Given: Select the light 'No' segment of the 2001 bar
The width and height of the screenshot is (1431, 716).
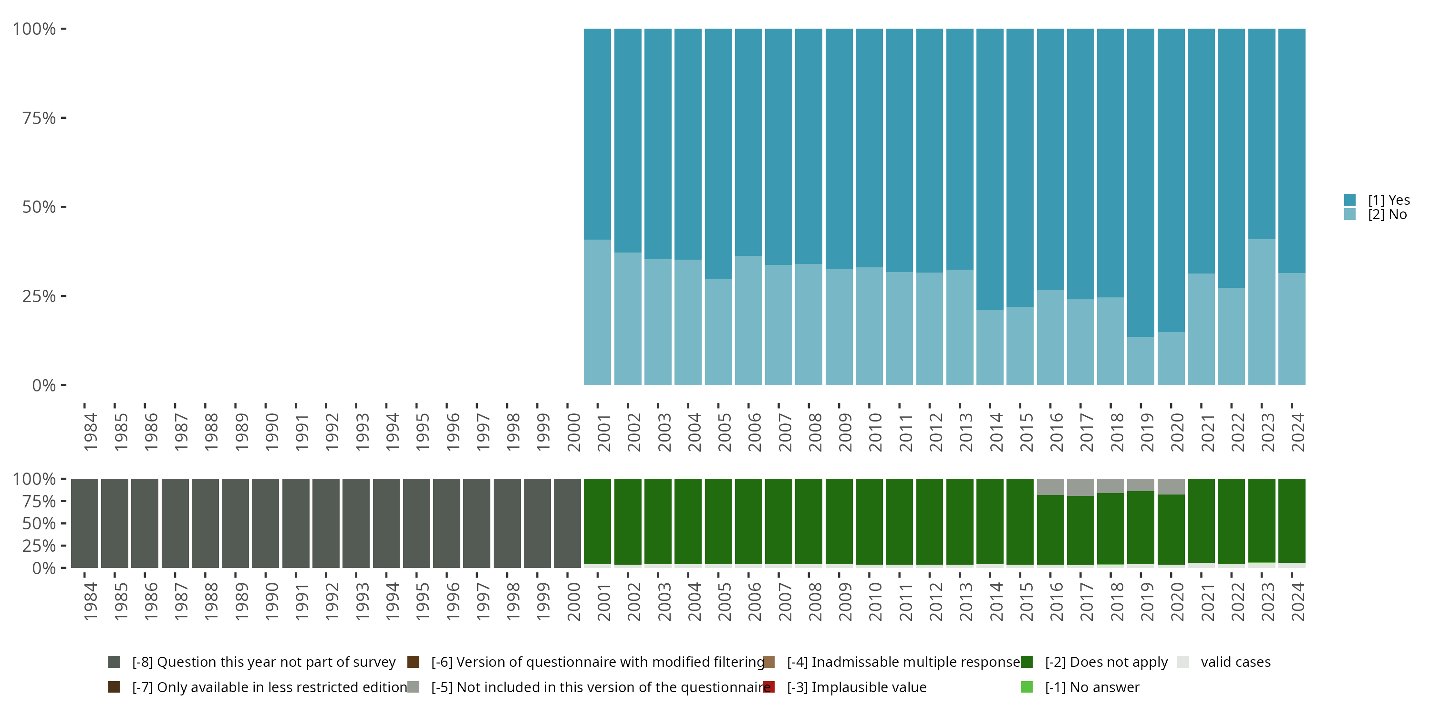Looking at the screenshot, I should [x=597, y=312].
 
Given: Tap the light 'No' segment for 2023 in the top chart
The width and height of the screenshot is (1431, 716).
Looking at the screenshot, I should [x=1261, y=312].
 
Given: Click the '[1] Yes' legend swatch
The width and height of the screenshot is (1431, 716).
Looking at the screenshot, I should [x=1350, y=200].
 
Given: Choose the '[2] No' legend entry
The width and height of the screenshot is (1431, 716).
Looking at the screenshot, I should [x=1387, y=215].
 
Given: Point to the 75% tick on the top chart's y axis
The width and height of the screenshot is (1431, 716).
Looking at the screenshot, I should [x=63, y=118].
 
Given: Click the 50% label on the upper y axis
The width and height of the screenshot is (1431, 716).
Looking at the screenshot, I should [x=39, y=207].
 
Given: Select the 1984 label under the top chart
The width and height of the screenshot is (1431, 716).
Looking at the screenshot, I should [x=91, y=432].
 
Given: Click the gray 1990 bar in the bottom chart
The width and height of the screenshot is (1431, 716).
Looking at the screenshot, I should [x=266, y=523].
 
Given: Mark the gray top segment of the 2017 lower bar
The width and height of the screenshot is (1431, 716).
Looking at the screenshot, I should [x=1080, y=487].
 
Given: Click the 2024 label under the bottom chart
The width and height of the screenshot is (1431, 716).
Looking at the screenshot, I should [x=1297, y=601].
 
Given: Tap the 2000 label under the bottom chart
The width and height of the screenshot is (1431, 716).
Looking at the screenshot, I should [x=573, y=601].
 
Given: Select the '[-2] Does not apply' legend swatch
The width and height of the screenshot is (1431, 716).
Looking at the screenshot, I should [x=1027, y=662].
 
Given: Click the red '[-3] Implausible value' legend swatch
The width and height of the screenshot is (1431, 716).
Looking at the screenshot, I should [x=769, y=687].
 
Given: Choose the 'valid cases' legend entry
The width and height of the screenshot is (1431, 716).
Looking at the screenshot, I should [x=1235, y=662].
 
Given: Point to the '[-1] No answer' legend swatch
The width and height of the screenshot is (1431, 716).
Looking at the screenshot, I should [x=1027, y=687].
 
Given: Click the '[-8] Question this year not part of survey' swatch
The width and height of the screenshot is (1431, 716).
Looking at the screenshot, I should [x=114, y=662].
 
